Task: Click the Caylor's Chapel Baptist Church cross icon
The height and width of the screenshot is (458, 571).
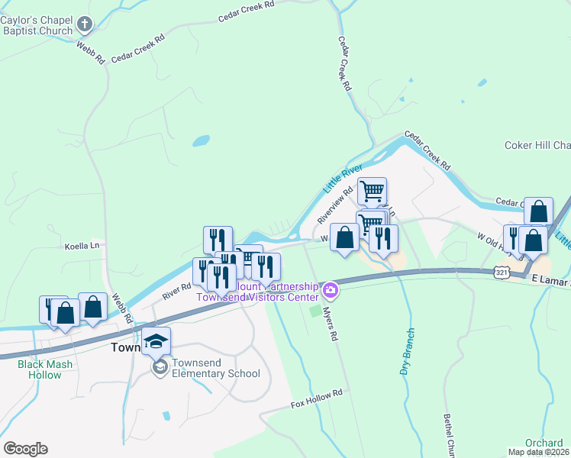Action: (x=85, y=24)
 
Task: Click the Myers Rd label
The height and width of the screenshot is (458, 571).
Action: (x=329, y=324)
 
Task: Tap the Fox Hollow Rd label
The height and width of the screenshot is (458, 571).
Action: (x=317, y=403)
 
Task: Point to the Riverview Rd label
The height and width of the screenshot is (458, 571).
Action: (x=337, y=202)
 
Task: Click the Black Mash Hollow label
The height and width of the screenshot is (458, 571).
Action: (x=45, y=369)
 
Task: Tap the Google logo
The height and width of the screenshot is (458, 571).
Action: (x=25, y=449)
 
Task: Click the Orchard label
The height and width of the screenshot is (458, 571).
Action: (x=544, y=443)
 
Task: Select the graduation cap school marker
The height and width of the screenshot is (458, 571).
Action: (x=156, y=341)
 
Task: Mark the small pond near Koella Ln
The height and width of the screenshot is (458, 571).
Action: (x=200, y=141)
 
